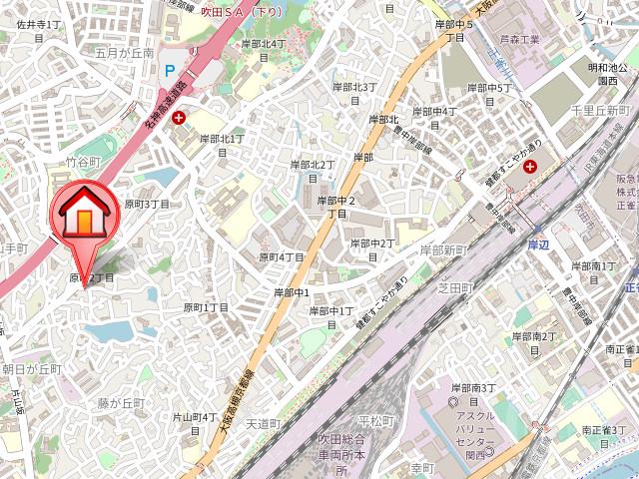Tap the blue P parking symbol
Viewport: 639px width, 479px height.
point(170,71)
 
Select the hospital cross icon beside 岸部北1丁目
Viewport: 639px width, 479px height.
point(179,119)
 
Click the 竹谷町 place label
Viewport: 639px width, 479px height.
point(84,162)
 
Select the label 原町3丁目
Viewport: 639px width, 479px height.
point(147,204)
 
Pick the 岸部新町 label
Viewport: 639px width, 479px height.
point(442,249)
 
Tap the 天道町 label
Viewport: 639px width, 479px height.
point(265,424)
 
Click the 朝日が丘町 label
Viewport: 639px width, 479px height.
point(31,369)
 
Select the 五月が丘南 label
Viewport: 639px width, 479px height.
point(125,53)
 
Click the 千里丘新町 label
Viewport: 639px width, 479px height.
point(600,110)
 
